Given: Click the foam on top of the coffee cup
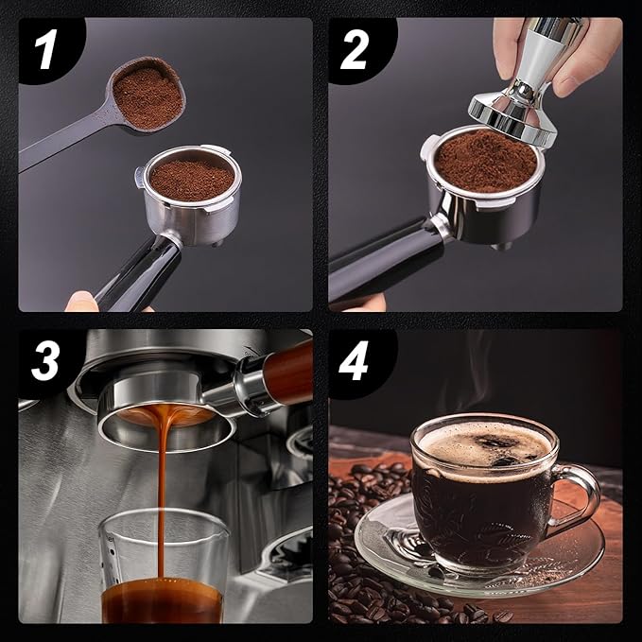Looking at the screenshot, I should [482, 444].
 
